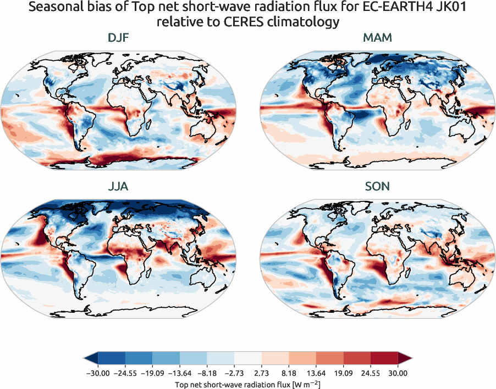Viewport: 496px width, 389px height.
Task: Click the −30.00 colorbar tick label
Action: click(x=98, y=373)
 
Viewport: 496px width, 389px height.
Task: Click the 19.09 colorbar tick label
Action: click(x=343, y=373)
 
